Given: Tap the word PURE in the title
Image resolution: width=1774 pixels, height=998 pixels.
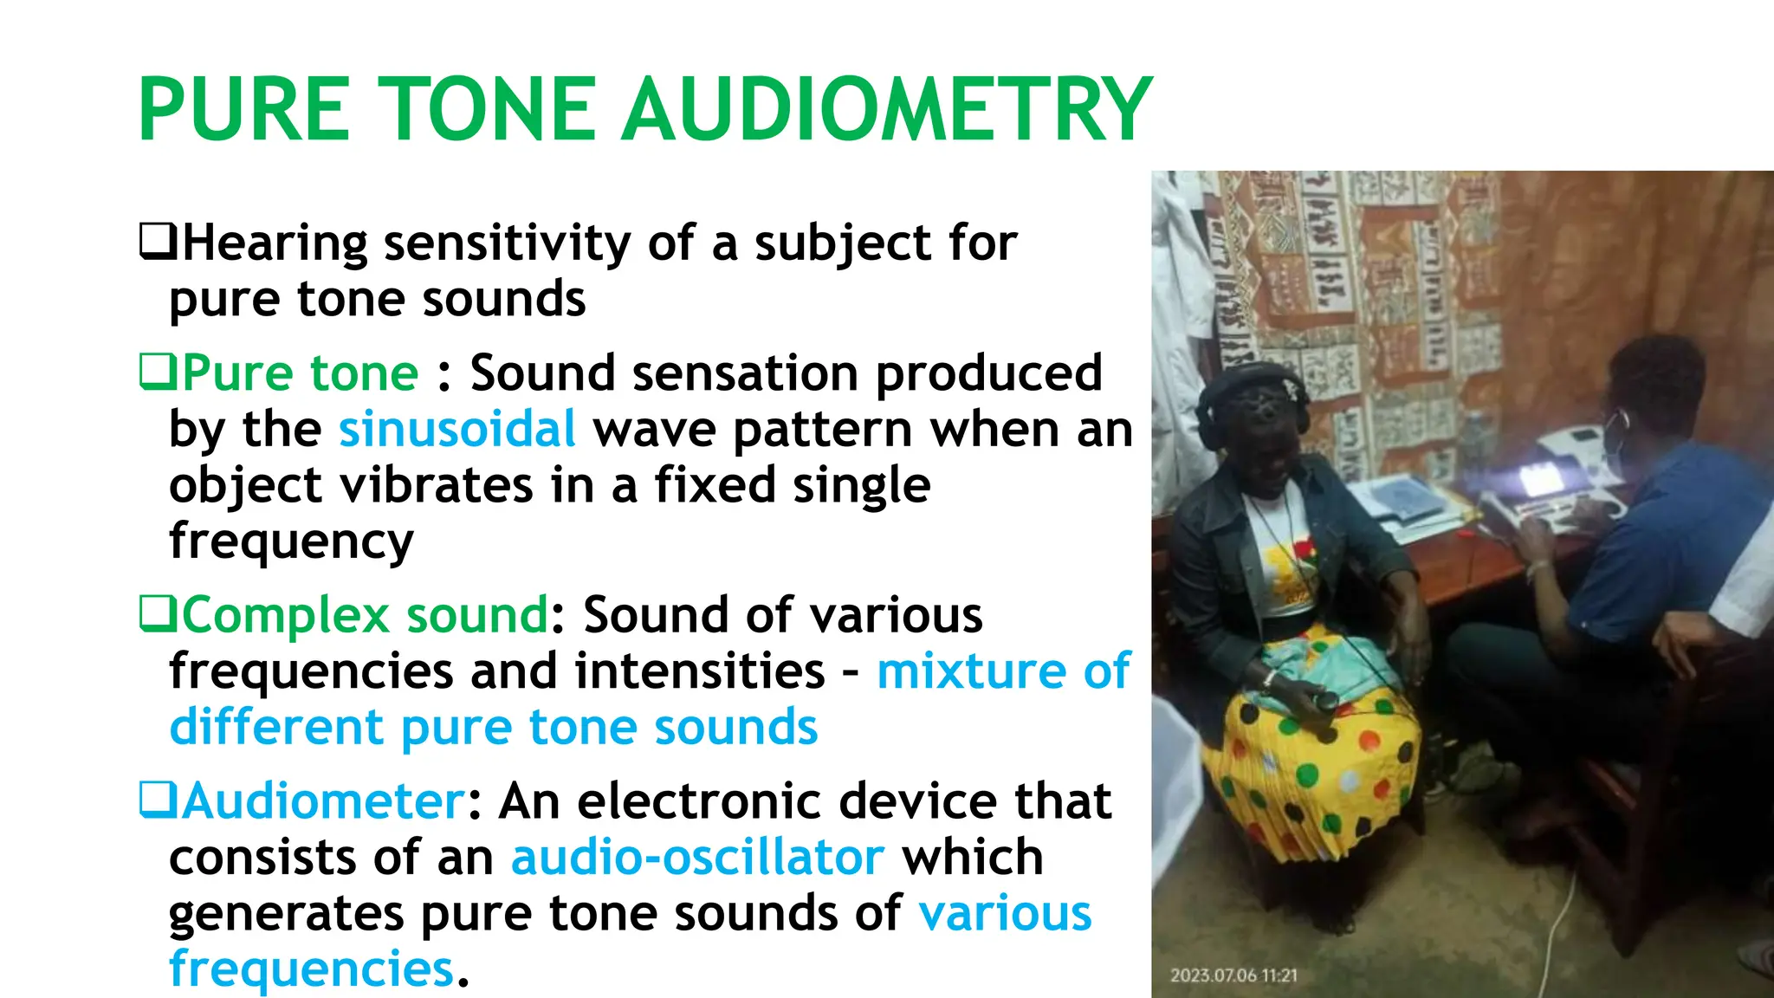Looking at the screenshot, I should tap(244, 110).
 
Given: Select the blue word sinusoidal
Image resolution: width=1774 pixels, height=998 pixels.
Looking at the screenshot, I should tap(456, 430).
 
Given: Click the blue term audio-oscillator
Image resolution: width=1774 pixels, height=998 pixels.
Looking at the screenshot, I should tap(697, 858).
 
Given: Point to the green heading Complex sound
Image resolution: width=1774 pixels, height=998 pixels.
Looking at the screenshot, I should tap(365, 616).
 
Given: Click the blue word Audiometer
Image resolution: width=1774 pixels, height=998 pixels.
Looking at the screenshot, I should tap(323, 801).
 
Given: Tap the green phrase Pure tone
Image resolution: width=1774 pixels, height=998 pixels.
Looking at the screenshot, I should tap(300, 373).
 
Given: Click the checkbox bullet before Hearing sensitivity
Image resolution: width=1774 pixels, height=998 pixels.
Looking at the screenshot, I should tap(159, 242).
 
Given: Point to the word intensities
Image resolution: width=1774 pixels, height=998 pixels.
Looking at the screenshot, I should tap(699, 671).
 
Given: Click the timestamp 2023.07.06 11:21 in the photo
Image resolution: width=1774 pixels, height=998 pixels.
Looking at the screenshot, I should tap(1233, 975).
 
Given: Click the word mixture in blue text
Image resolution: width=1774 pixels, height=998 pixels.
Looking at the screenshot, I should tap(970, 671).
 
